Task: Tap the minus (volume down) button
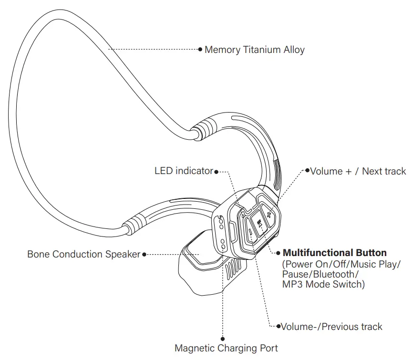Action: (x=249, y=232)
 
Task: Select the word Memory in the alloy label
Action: (x=222, y=50)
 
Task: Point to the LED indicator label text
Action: (x=184, y=171)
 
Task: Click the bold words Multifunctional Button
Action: (x=334, y=253)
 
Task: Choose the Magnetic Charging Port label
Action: (x=226, y=348)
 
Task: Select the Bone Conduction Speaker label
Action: (x=84, y=254)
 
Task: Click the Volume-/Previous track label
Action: (x=331, y=327)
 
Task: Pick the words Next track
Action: (x=384, y=171)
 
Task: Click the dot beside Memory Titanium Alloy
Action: (x=200, y=49)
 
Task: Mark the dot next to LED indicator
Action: (x=217, y=171)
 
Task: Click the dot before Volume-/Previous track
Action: (x=278, y=327)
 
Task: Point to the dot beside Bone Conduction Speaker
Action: (x=144, y=254)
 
